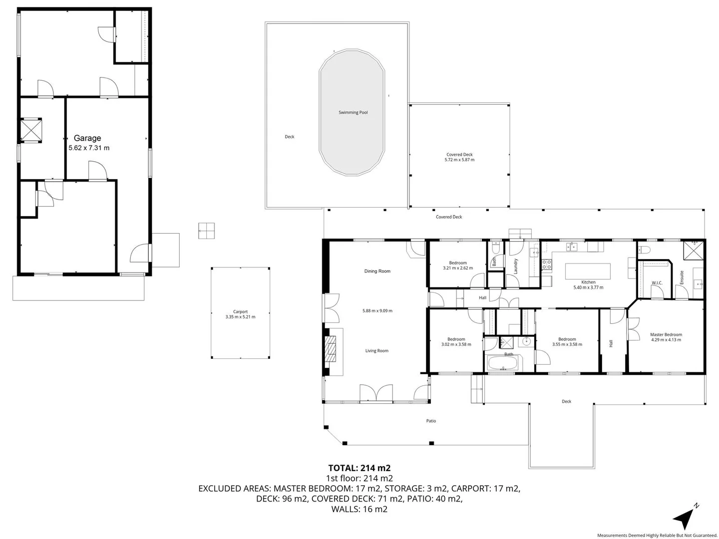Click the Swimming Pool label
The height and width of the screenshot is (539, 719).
coord(353,113)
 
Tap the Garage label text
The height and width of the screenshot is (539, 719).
coord(87,138)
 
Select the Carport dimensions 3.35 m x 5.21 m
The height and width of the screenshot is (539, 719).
coord(240,317)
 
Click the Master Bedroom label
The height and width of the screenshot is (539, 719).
coord(666,335)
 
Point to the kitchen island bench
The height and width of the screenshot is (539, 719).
coord(588,272)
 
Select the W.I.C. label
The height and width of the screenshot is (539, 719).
coord(657,283)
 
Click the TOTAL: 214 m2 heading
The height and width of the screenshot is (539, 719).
coord(359,468)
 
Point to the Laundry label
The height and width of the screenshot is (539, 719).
coord(516,266)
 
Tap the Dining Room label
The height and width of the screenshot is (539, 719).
coord(377,271)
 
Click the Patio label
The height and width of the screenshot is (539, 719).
coord(431,421)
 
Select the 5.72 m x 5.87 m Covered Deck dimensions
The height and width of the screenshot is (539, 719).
coord(459,160)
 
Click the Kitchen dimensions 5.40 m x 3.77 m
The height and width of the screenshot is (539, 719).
coord(588,287)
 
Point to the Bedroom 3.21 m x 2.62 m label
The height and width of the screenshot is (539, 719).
coord(457,266)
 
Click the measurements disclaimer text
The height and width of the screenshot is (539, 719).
coord(657,535)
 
